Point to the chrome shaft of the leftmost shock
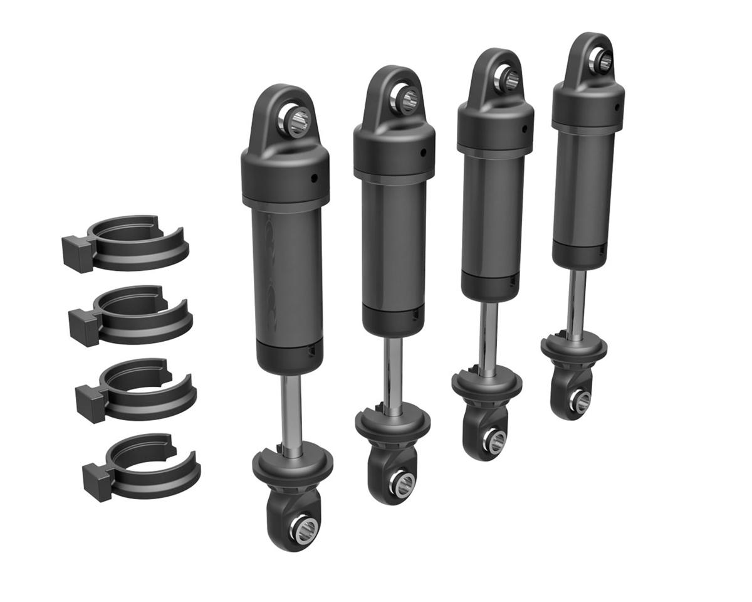291,408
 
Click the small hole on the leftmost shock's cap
315,177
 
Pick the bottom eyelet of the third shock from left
493,441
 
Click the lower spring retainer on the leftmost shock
292,464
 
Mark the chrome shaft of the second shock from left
392,373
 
